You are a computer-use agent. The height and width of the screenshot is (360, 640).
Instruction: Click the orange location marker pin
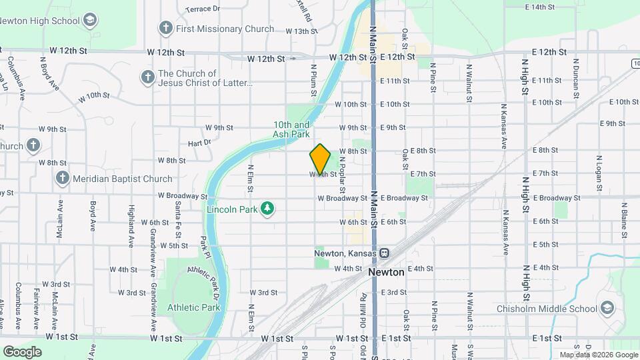coord(321,158)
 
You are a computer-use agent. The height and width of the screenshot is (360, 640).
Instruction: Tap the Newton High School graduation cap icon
coord(89,21)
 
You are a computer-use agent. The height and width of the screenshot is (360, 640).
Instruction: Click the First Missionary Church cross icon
coord(166,29)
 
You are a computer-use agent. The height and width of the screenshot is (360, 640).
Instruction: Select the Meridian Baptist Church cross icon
coord(62,178)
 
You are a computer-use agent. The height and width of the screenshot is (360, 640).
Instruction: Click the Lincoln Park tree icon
coord(267,209)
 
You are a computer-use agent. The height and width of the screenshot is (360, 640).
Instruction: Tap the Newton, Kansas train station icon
coord(384,253)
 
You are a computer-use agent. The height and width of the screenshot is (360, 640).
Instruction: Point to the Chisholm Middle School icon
coord(607,308)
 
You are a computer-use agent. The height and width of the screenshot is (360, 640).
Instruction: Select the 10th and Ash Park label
coord(291,129)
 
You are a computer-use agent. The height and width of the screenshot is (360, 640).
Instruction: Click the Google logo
coord(22,351)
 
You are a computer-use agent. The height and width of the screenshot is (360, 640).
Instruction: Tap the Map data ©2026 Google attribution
coord(598,355)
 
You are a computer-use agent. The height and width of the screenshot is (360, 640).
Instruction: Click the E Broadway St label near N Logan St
coord(553,198)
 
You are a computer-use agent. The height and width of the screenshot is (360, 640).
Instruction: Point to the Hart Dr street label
coord(199,142)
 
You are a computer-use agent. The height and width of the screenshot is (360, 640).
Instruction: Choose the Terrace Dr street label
coord(203,9)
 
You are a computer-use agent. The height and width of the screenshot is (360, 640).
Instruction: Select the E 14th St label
coord(540,7)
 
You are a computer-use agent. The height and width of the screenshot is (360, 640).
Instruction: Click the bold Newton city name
coord(386,272)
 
